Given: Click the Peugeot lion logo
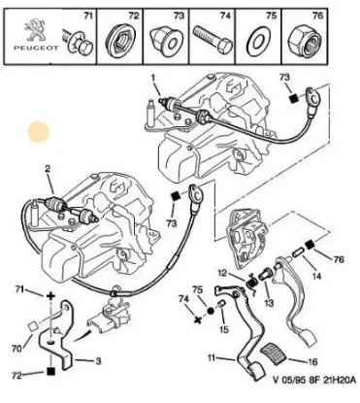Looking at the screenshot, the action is [35, 30].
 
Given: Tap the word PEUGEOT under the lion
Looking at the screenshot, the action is [36, 48].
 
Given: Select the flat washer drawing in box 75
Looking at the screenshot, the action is [257, 41].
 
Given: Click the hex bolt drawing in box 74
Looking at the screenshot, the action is [213, 40].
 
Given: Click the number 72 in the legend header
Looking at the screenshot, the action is [133, 16].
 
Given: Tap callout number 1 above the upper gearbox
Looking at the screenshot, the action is [152, 78].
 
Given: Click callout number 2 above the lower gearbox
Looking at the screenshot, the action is [48, 168].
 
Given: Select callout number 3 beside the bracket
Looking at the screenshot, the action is [98, 360].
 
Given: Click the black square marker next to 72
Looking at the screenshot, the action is [50, 371].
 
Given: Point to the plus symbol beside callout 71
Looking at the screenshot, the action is [50, 295].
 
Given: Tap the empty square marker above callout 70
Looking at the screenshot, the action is [32, 326].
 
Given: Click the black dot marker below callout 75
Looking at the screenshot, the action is [211, 311].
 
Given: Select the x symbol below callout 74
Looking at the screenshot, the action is [197, 320].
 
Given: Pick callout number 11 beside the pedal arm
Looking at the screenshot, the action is [212, 357].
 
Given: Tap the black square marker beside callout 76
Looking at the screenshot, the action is [310, 245].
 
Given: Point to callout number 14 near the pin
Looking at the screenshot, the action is [316, 276].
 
